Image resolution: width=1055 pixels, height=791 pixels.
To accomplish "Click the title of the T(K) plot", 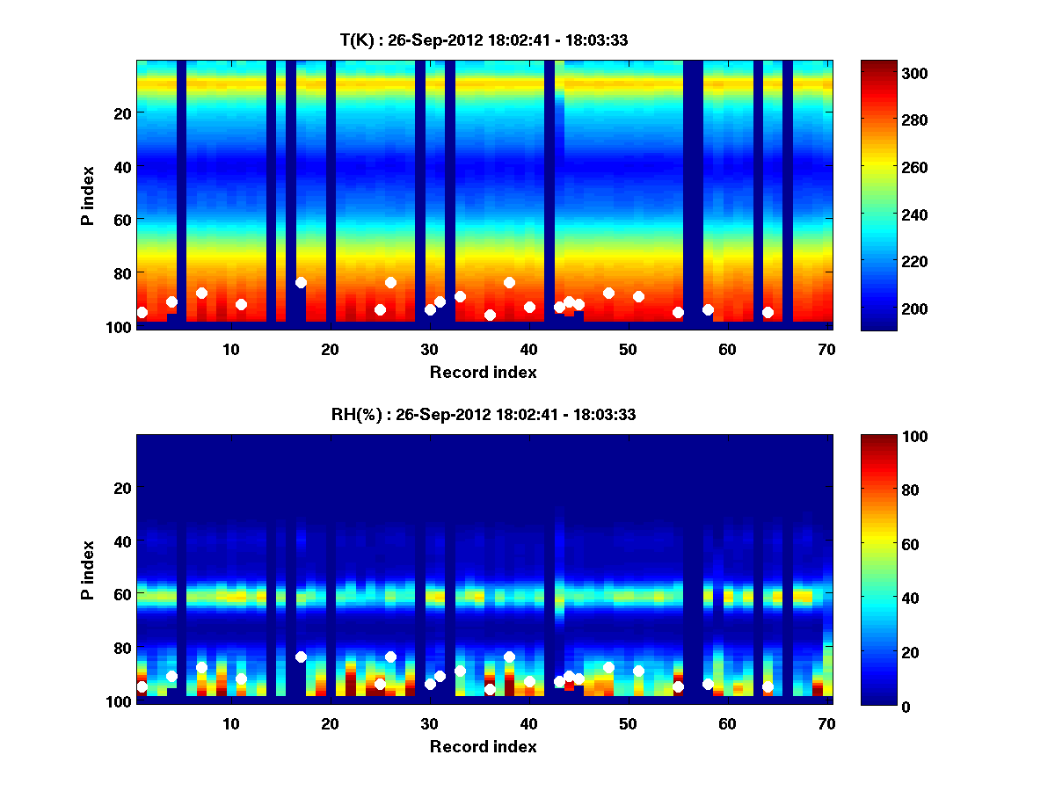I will pos(484,40).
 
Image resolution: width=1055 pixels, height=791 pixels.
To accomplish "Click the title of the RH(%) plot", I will pos(484,415).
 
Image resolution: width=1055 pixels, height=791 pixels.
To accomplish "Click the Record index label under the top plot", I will pos(484,372).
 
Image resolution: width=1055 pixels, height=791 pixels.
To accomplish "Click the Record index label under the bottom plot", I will pos(484,746).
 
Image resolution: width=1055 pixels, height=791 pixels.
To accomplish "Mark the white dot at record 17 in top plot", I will pos(301,282).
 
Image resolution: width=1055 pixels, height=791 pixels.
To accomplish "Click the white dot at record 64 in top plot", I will pos(768,312).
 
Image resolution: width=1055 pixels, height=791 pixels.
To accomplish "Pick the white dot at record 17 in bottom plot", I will pos(301,657).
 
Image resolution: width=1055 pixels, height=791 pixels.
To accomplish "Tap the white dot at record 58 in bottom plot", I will pos(708,684).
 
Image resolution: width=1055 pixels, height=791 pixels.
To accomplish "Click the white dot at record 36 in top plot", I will pos(490,315).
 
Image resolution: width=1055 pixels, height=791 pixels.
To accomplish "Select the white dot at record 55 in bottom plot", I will pos(678,686).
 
